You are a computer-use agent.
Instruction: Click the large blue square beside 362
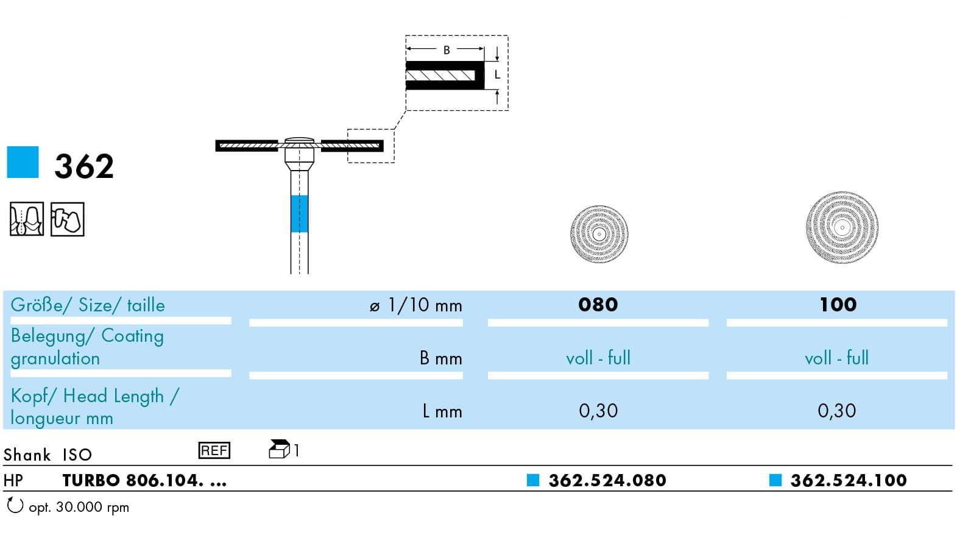23,162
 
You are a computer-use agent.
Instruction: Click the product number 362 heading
84,166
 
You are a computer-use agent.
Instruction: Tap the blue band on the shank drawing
299,213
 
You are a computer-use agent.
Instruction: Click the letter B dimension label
447,50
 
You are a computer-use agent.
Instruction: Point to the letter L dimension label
497,75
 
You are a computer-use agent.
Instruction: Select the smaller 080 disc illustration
599,234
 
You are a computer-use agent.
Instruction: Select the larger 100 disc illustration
842,227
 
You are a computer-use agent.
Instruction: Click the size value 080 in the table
598,305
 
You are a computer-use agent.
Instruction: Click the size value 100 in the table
838,305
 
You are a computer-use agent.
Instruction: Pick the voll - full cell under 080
598,358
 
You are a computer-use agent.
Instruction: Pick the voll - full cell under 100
836,358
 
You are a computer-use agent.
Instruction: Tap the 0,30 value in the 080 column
598,411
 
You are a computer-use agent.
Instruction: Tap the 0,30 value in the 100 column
836,411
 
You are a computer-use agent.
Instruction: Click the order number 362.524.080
607,480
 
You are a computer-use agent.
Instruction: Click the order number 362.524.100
848,480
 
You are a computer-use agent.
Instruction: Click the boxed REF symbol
214,450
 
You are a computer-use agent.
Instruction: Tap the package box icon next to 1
278,450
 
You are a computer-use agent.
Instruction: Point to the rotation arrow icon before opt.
14,505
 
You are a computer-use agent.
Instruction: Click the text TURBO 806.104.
133,480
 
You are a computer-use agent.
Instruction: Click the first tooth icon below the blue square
26,219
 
